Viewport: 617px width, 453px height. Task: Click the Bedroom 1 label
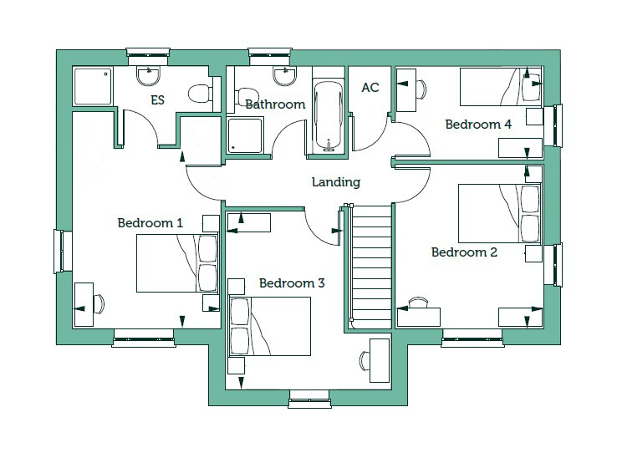point(150,223)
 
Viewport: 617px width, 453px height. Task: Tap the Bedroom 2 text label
point(464,252)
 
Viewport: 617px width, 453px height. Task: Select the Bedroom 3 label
point(292,283)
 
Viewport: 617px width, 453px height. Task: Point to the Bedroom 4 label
point(478,125)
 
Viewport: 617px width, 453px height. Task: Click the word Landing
point(336,182)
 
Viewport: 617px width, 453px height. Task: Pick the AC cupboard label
point(370,87)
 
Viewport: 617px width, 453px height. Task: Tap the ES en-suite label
point(157,100)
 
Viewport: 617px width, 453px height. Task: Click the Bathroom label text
point(275,104)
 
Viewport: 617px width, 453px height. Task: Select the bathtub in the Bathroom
point(329,116)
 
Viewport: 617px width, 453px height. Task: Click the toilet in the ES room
point(201,94)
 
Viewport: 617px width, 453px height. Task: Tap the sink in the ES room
point(148,76)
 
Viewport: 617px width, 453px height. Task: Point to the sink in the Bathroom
point(285,76)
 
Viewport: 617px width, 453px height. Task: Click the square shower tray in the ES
point(93,87)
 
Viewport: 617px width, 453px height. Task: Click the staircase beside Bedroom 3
point(370,267)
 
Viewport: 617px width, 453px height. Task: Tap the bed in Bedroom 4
point(501,87)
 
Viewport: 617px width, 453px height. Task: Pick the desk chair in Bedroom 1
point(99,304)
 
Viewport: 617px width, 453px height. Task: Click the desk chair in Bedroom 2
point(418,302)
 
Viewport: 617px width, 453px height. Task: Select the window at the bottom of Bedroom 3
point(309,400)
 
